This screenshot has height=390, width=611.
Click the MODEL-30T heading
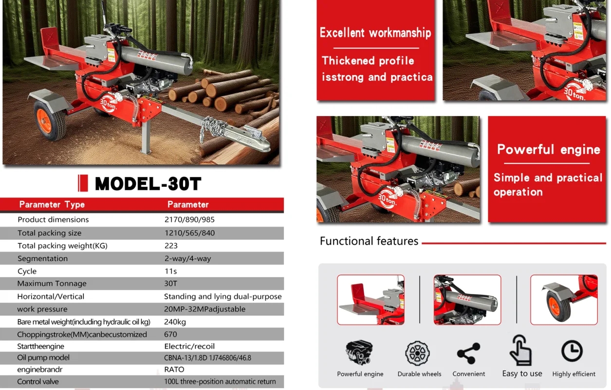[x=148, y=183]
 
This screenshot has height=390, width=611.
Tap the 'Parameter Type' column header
[x=52, y=205]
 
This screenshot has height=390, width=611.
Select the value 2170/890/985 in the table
[x=189, y=219]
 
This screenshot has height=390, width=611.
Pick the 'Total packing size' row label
[x=49, y=233]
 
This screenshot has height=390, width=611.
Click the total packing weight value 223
[x=171, y=246]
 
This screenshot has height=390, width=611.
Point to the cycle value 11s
[x=170, y=271]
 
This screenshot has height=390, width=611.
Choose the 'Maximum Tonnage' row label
[x=52, y=284]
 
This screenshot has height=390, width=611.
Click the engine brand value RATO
[x=174, y=370]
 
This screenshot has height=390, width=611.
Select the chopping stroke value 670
[x=170, y=334]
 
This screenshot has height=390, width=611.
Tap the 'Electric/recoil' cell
[x=189, y=346]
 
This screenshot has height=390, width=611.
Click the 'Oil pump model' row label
[x=43, y=357]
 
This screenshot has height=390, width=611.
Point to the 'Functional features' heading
[x=369, y=241]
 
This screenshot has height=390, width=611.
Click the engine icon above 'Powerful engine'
[x=359, y=352]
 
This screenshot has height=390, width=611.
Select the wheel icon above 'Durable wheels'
[x=417, y=353]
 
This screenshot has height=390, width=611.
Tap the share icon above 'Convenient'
[x=468, y=353]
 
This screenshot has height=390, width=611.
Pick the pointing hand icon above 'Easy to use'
[x=520, y=351]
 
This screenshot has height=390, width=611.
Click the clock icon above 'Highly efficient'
[x=572, y=351]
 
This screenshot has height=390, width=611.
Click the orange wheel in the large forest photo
[x=51, y=120]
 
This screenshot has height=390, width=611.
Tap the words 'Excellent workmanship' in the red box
[x=375, y=33]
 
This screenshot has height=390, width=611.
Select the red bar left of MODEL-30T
[x=83, y=183]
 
